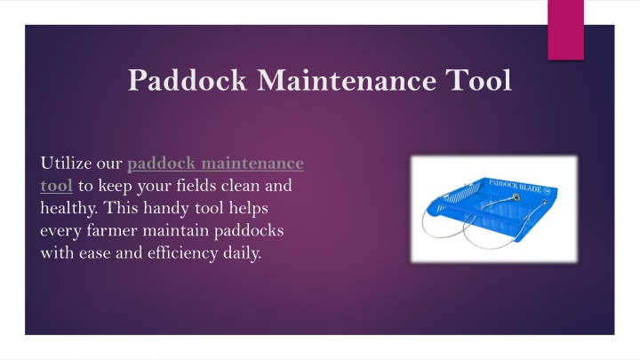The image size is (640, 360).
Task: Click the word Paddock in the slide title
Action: click(x=188, y=80)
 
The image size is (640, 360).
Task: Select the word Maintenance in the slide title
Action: click(x=346, y=80)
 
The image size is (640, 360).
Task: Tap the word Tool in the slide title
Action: click(x=478, y=80)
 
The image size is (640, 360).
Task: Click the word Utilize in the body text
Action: click(x=66, y=164)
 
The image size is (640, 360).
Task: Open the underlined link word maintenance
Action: click(x=252, y=164)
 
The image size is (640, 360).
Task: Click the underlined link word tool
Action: click(x=56, y=186)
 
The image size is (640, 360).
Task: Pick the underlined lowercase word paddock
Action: click(x=162, y=164)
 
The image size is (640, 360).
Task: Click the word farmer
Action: click(x=112, y=230)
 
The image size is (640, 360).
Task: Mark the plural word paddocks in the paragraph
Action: click(x=249, y=231)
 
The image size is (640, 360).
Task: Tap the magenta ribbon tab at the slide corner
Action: click(x=565, y=30)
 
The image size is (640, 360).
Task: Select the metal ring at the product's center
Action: click(x=516, y=198)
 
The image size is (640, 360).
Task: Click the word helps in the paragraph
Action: click(x=248, y=209)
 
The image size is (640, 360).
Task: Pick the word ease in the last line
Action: click(x=95, y=254)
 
